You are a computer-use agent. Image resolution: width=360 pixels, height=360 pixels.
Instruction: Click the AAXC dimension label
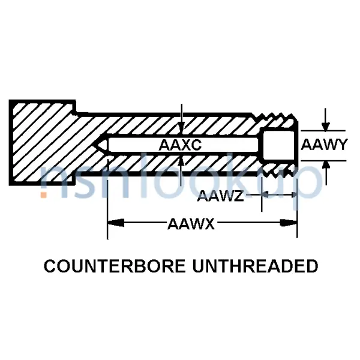[x=179, y=145]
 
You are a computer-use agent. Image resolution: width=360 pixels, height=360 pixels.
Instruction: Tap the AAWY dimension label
[x=323, y=145]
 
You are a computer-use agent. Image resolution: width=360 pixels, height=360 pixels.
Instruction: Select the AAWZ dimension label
[x=220, y=195]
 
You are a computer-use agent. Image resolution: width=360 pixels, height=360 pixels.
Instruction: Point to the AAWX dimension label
[x=191, y=224]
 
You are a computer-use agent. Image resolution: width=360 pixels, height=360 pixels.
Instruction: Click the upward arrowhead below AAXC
[x=182, y=161]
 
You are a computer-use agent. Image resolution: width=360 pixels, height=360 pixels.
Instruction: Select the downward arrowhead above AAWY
[x=325, y=125]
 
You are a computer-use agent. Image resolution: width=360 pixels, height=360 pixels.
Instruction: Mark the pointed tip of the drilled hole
[x=100, y=145]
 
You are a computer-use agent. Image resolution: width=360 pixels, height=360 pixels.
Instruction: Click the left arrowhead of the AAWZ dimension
[x=265, y=195]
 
